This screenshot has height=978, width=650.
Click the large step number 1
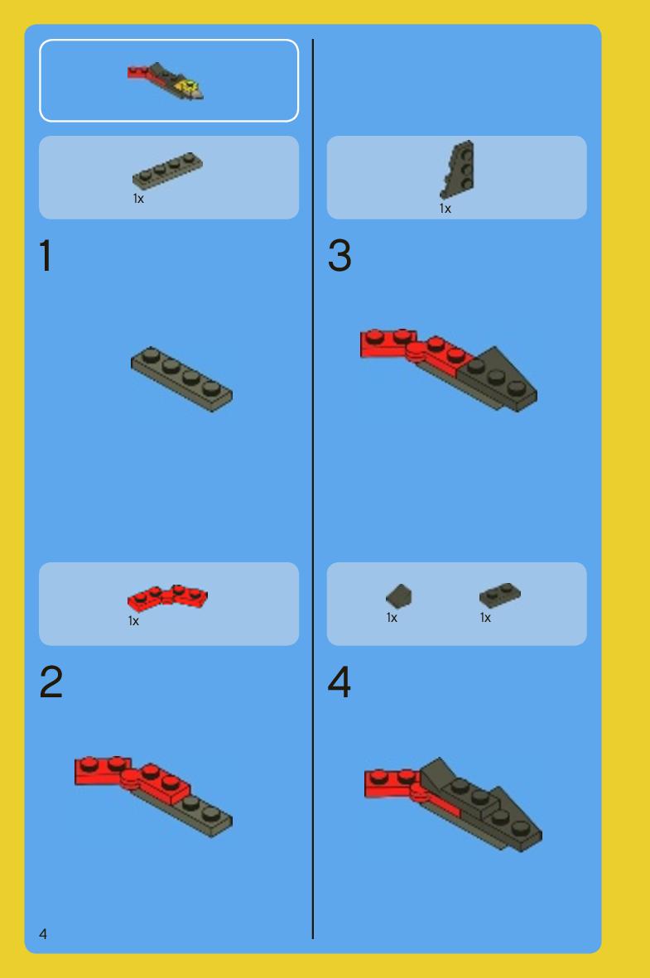(x=46, y=255)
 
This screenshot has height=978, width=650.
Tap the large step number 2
(x=51, y=682)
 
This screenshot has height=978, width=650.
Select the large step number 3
(x=339, y=255)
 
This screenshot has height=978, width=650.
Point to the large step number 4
(x=339, y=682)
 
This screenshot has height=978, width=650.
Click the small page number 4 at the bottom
(x=43, y=934)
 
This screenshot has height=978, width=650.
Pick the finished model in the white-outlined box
(x=166, y=80)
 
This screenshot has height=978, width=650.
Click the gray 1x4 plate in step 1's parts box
(x=167, y=171)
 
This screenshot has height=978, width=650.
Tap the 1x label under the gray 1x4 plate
(x=138, y=199)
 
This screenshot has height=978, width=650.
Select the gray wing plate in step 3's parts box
(x=459, y=169)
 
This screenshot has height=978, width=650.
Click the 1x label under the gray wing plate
(x=445, y=209)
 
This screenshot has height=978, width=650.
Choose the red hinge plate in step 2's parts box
(x=167, y=598)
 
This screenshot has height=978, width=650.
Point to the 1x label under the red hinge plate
(x=133, y=620)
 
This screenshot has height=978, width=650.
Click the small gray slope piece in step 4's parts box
(x=398, y=595)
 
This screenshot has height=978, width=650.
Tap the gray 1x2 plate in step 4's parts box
(x=499, y=595)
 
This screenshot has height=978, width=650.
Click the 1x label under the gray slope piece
(x=392, y=618)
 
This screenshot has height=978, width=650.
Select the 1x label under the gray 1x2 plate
(x=485, y=618)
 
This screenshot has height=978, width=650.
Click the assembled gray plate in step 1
(x=181, y=379)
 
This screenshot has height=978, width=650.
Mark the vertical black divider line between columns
(x=312, y=489)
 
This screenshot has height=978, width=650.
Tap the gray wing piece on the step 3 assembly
(x=499, y=379)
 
